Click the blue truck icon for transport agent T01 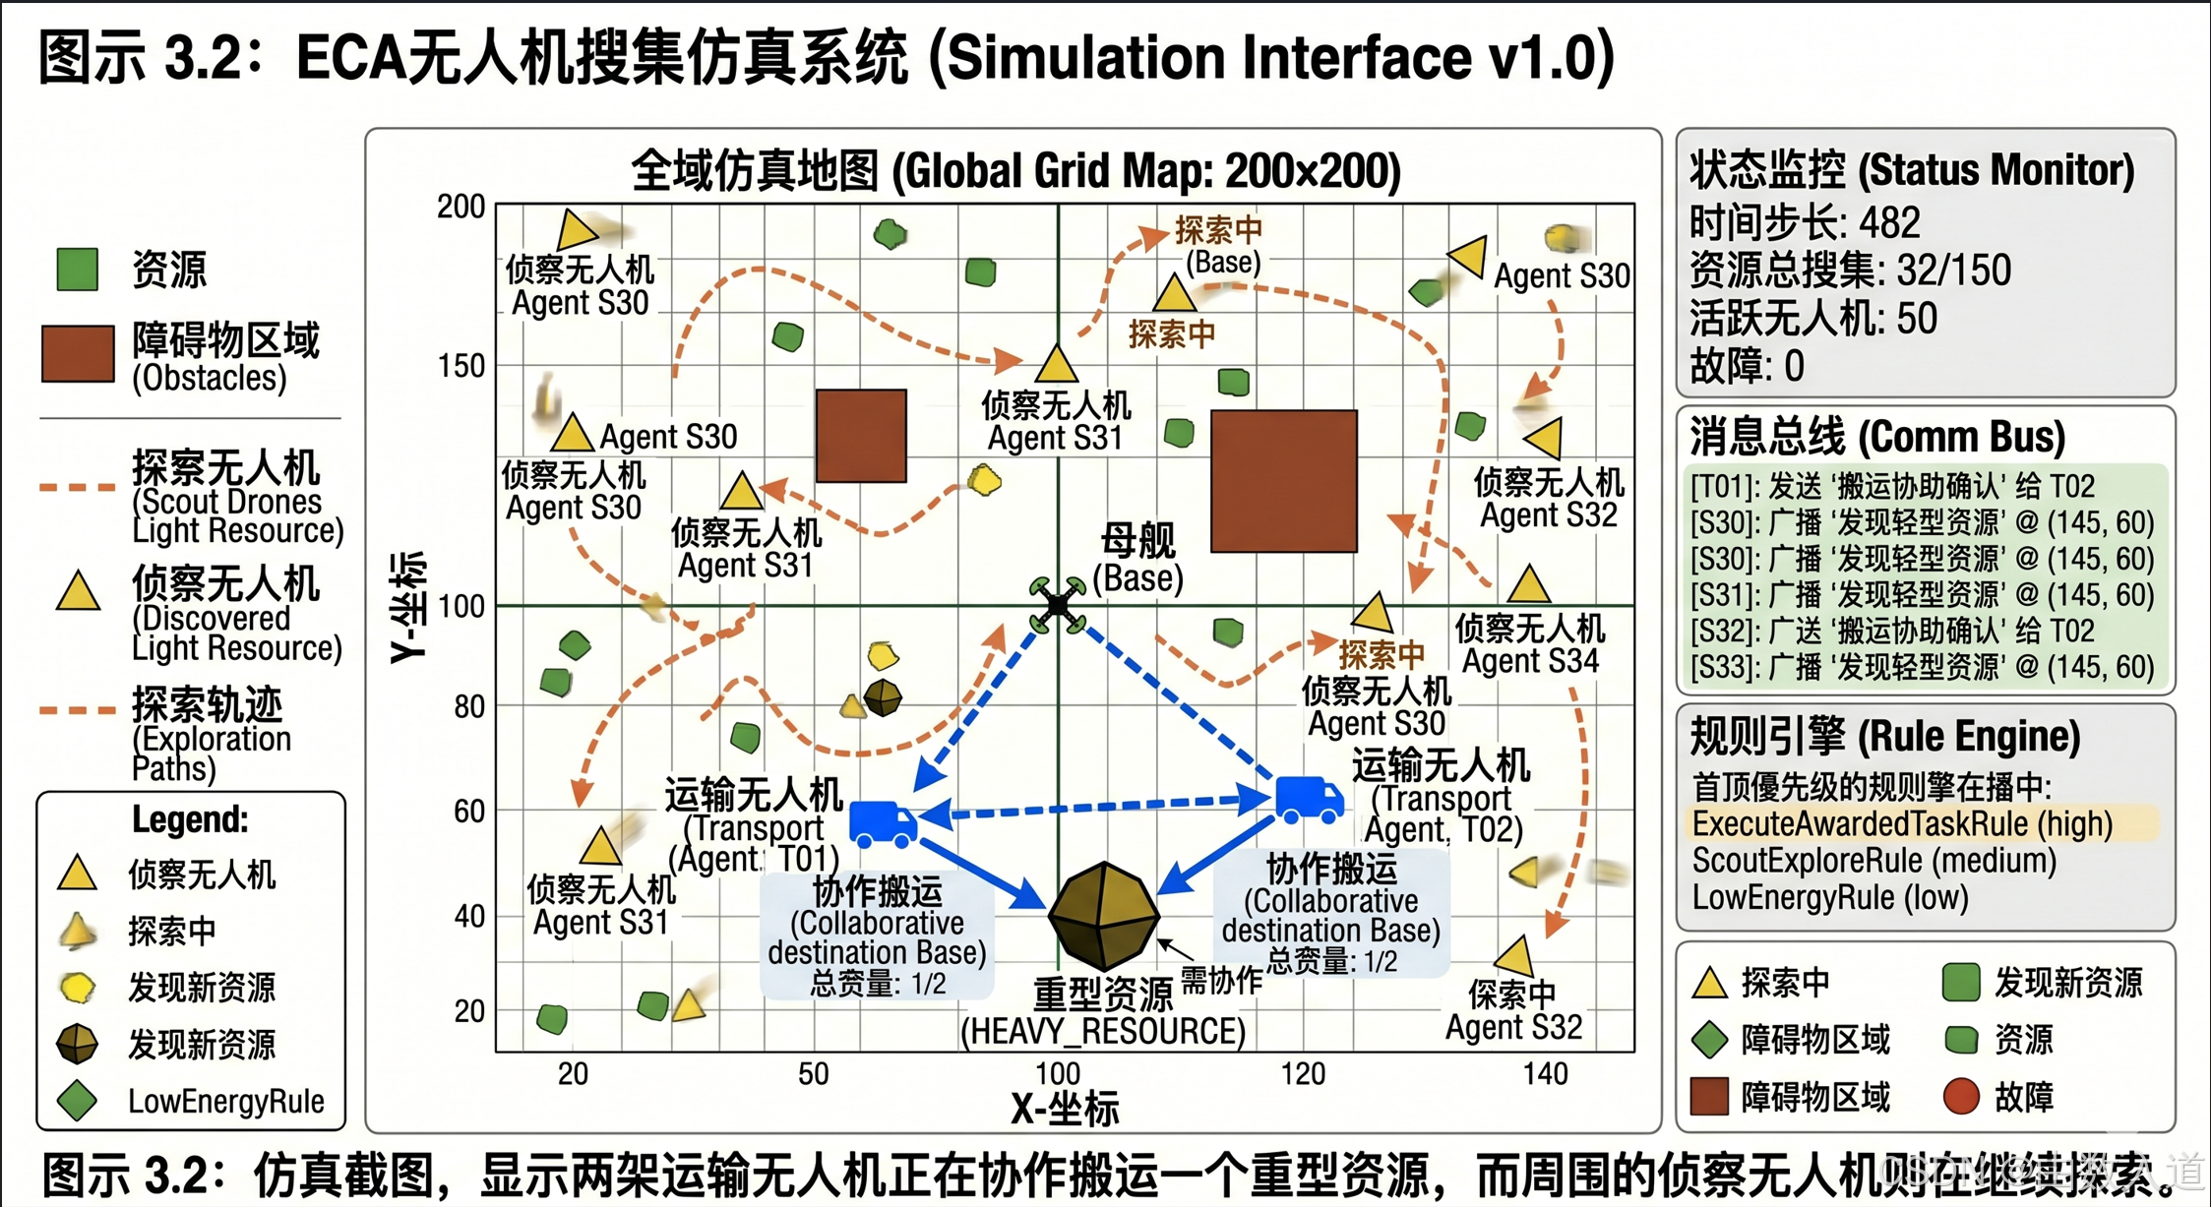(883, 822)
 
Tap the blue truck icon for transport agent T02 (1309, 798)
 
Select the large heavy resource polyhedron (1103, 915)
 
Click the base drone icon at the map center (1058, 604)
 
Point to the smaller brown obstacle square (861, 435)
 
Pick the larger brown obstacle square (1283, 481)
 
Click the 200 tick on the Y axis (461, 207)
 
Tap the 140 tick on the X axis (1545, 1073)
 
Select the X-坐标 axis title (1065, 1109)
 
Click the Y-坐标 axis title (409, 607)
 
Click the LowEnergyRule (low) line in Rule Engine (1829, 897)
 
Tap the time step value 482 (1889, 222)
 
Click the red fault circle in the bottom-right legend (1960, 1096)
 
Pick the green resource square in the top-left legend (77, 270)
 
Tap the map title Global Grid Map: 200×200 (1015, 171)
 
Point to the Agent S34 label (1530, 661)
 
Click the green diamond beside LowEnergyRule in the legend (77, 1100)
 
